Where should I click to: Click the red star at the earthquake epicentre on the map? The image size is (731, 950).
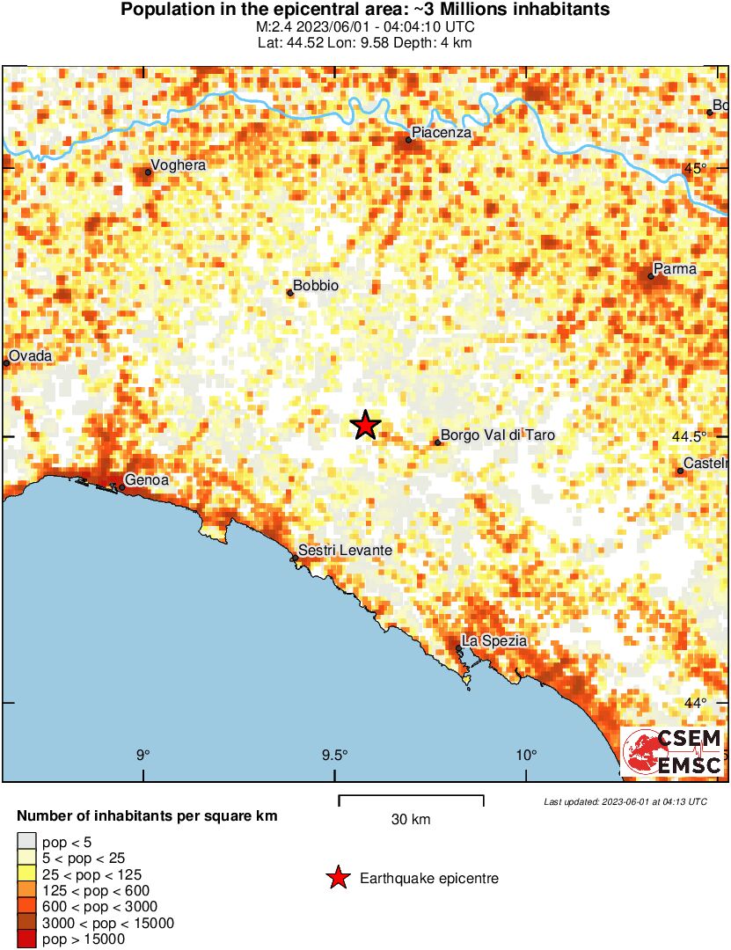pyautogui.click(x=365, y=426)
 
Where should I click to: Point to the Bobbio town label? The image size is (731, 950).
pyautogui.click(x=316, y=286)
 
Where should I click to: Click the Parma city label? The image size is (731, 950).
pyautogui.click(x=675, y=269)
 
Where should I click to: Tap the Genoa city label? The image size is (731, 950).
pyautogui.click(x=148, y=480)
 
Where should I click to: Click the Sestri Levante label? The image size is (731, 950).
pyautogui.click(x=346, y=551)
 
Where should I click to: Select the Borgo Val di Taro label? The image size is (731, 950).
pyautogui.click(x=498, y=435)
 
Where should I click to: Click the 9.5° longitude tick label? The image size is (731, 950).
pyautogui.click(x=335, y=755)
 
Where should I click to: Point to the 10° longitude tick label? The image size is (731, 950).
pyautogui.click(x=526, y=755)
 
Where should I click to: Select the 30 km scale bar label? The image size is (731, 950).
pyautogui.click(x=411, y=820)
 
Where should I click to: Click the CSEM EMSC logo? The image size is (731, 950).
pyautogui.click(x=673, y=751)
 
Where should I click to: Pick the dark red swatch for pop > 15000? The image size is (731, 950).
pyautogui.click(x=27, y=939)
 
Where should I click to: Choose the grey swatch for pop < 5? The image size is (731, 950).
pyautogui.click(x=27, y=843)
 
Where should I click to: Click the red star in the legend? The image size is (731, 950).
pyautogui.click(x=337, y=878)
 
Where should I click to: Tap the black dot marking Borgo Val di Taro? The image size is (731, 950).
pyautogui.click(x=437, y=442)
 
